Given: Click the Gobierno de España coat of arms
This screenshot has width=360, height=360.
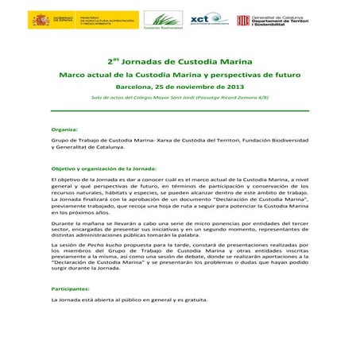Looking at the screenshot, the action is [40, 21].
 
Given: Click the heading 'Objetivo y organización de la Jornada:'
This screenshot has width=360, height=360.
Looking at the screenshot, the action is [103, 169].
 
